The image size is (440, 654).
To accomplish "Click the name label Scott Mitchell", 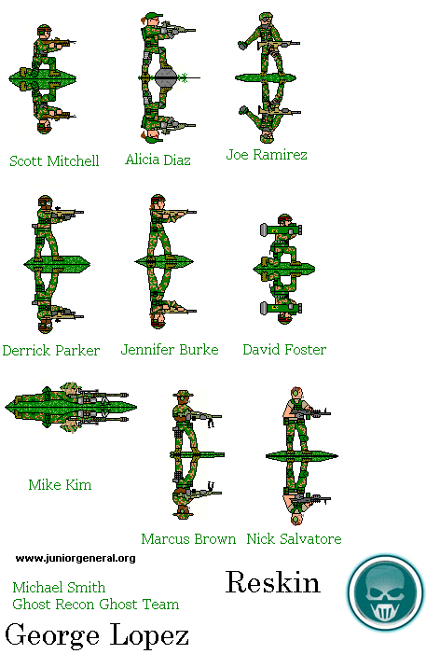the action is click(54, 160).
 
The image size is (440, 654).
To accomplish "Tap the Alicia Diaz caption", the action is click(158, 160).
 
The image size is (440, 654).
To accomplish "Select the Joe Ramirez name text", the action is click(267, 154).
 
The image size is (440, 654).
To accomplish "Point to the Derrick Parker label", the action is click(51, 350).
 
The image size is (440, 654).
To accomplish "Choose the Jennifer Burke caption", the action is click(170, 349).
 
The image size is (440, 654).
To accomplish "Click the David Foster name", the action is click(284, 349).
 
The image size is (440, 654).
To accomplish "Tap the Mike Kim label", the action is click(60, 484).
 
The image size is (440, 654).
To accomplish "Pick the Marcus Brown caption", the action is click(188, 538).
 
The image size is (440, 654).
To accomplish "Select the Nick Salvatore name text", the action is click(295, 538).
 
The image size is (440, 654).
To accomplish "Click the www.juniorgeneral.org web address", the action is click(76, 558).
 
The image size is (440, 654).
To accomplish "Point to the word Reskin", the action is click(273, 582).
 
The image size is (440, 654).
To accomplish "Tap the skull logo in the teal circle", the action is click(386, 592).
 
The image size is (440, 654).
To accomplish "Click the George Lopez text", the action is click(97, 635).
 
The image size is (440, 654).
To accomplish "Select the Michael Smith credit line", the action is click(59, 587).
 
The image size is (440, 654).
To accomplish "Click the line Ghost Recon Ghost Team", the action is click(96, 604).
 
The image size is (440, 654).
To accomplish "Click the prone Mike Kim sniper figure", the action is click(71, 407).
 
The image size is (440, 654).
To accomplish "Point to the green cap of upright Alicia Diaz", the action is click(153, 16).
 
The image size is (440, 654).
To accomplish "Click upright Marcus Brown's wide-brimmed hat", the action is click(184, 394).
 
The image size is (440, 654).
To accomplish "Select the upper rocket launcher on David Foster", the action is click(281, 229).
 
